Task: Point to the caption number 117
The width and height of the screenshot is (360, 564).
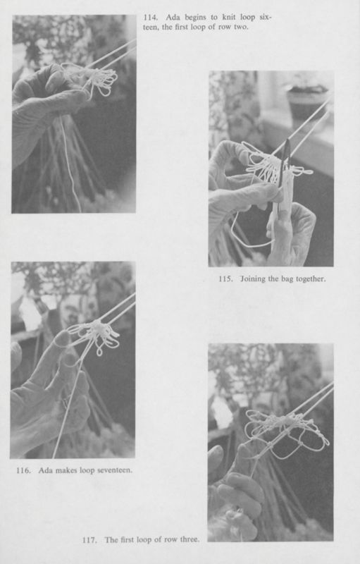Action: click(x=90, y=540)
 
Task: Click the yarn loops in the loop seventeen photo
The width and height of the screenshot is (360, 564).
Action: click(x=99, y=335)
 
